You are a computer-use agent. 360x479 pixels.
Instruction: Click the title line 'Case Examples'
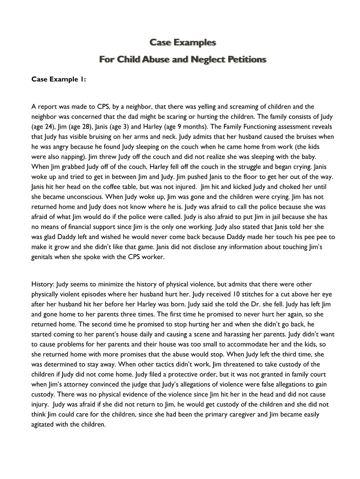(183, 43)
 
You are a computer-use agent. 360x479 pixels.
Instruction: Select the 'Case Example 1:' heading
(58, 80)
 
